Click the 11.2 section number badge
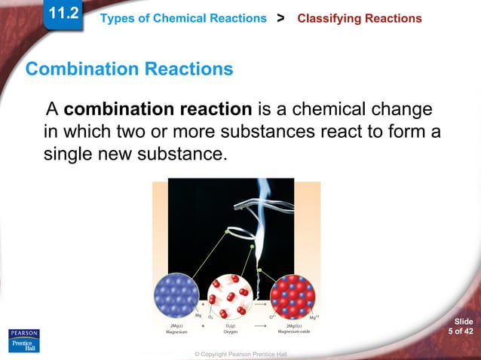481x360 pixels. (x=63, y=13)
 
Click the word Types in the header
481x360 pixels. (x=118, y=18)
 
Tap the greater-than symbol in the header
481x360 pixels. (x=281, y=17)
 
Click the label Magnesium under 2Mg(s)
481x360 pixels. (x=176, y=332)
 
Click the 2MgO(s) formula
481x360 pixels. (x=293, y=325)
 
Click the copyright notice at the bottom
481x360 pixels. (x=240, y=354)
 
